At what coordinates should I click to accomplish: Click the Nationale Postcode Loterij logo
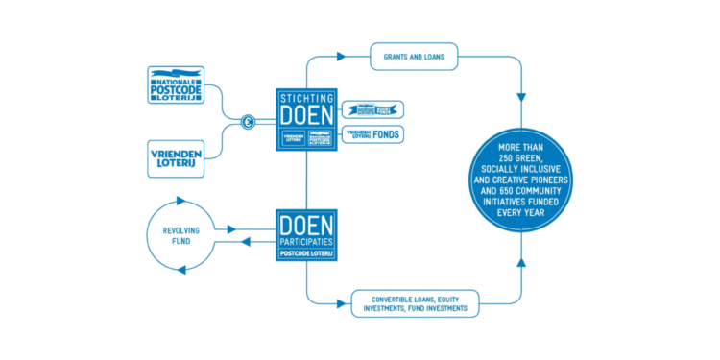(176, 84)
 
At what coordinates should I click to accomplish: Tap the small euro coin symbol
(248, 122)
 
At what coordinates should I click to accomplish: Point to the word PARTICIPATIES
(306, 243)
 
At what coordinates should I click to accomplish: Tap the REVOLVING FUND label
(180, 236)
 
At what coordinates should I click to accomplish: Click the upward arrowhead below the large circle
(522, 260)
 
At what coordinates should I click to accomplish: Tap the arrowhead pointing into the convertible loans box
(343, 303)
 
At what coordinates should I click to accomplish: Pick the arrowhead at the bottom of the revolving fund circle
(180, 273)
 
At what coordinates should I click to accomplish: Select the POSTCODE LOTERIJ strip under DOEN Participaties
(306, 254)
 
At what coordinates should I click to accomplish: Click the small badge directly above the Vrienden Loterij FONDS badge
(372, 109)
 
